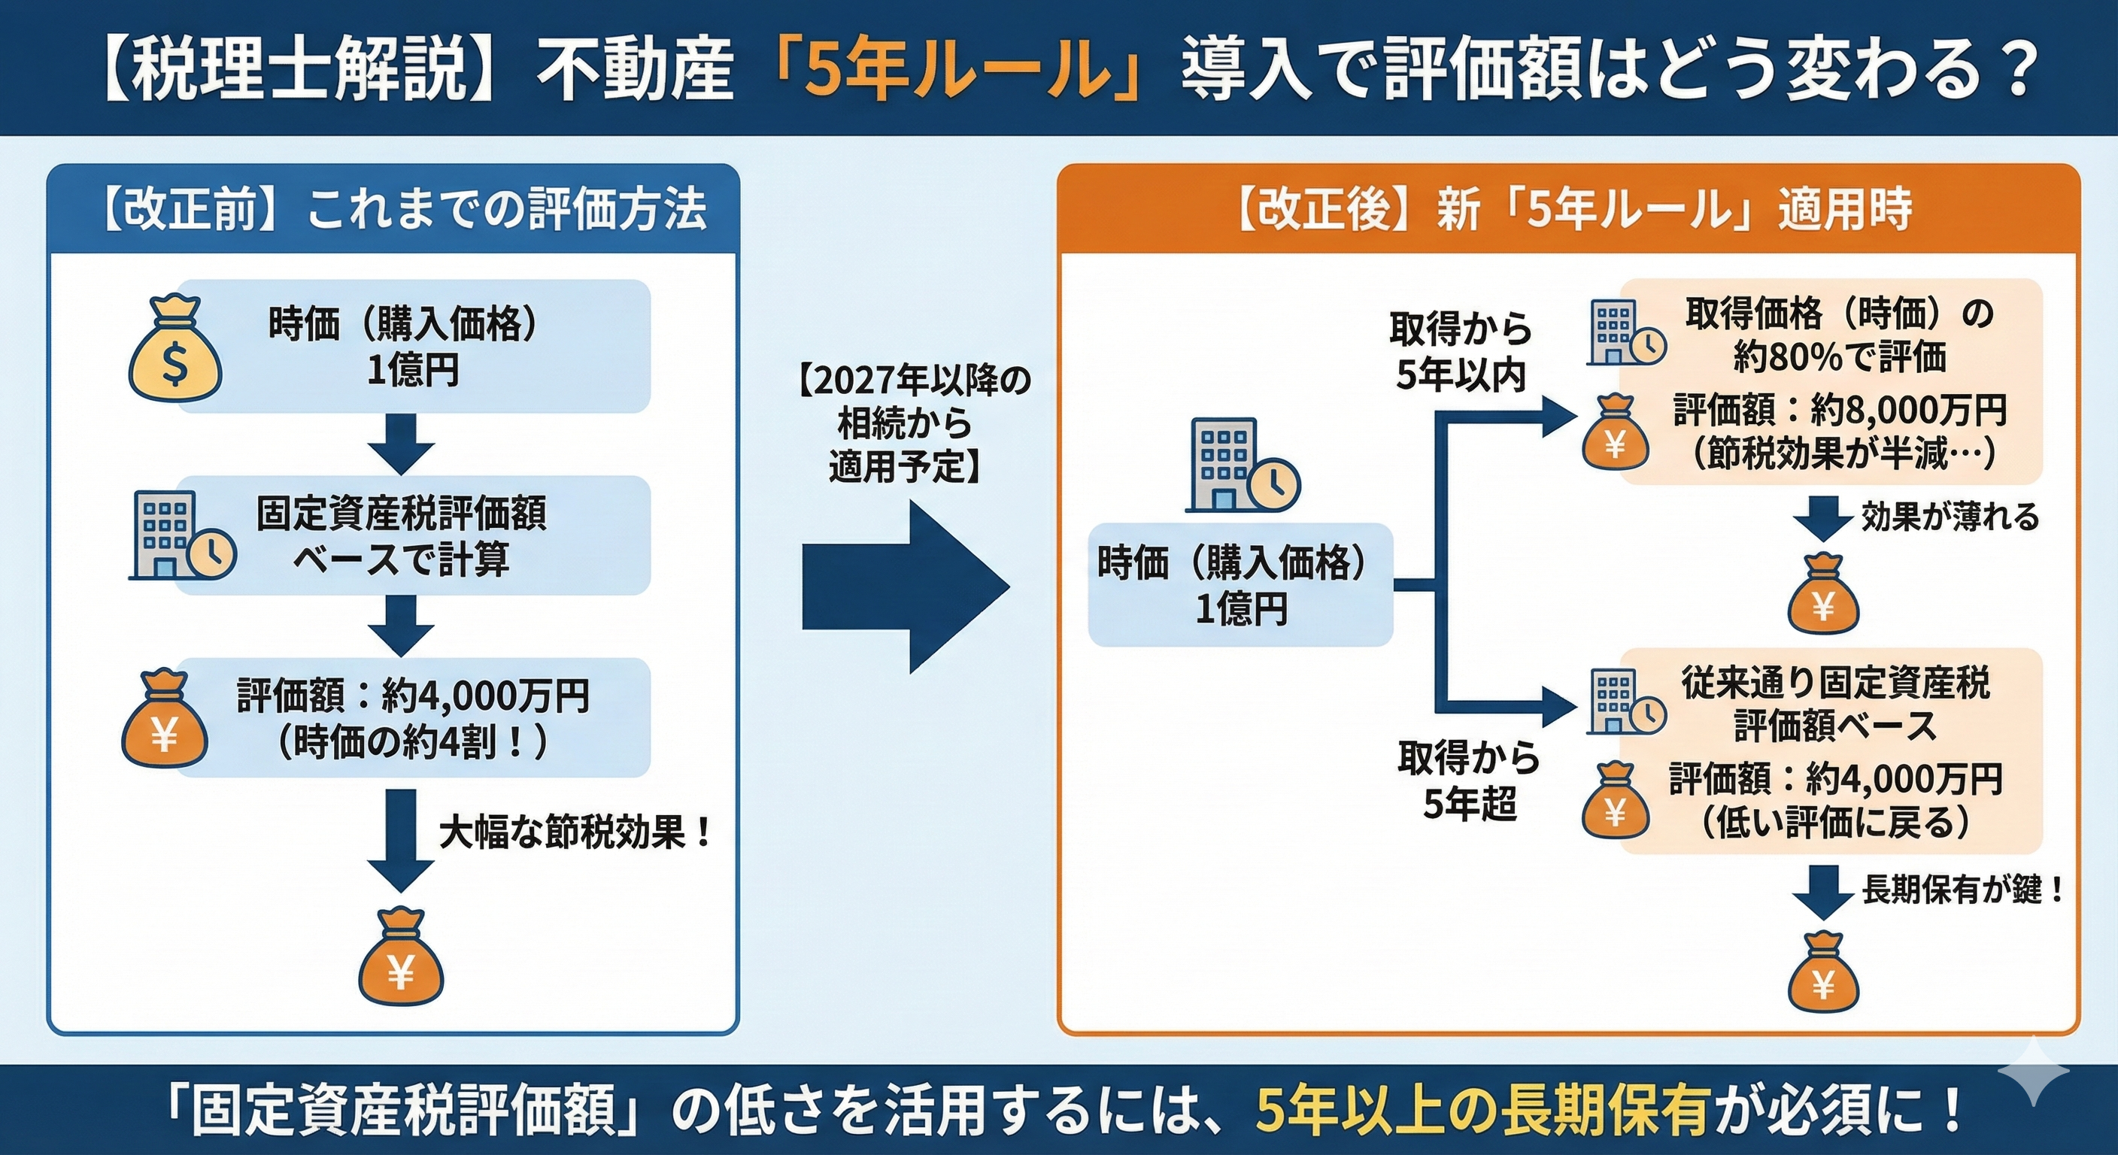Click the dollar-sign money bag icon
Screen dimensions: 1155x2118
175,350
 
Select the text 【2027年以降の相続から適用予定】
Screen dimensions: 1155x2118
912,424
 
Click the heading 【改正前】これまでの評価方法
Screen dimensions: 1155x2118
403,210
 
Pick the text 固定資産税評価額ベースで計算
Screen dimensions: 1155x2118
401,536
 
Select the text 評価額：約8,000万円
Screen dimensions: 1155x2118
1839,408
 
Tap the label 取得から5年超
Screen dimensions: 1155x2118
1468,780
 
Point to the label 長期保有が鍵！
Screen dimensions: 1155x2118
1962,890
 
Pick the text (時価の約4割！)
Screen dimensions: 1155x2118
413,742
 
